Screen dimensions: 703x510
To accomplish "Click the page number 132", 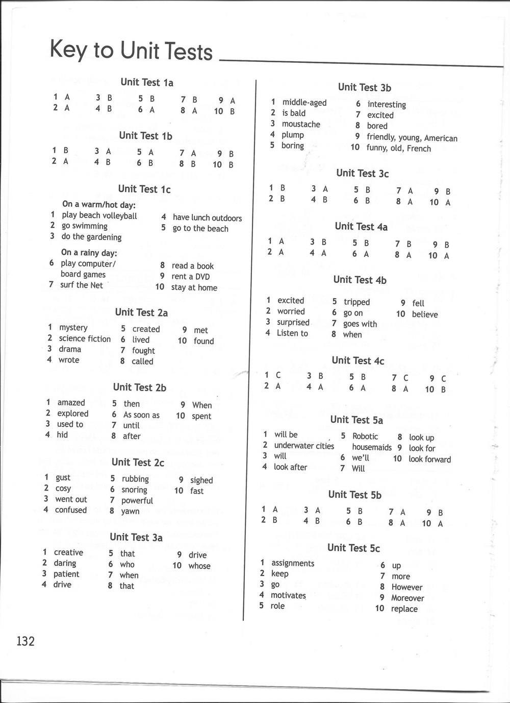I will coord(25,641).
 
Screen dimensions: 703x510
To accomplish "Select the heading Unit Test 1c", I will coord(144,189).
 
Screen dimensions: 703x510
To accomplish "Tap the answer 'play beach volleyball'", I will coord(99,216).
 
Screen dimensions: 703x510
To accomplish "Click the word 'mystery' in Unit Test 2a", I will coord(73,328).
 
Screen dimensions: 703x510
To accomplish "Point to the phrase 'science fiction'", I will coord(85,338).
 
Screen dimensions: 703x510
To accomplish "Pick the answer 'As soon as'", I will coord(141,415).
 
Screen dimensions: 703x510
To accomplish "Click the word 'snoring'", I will coord(134,490).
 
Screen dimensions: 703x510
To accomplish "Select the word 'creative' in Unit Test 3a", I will coord(68,552).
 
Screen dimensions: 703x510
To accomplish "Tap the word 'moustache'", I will coord(301,124).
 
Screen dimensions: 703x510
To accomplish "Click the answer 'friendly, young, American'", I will coord(412,138).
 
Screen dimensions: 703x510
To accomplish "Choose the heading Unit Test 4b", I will coord(360,280).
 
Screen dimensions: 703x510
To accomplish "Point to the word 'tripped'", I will coord(356,302).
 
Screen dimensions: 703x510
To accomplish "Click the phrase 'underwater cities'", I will coord(304,446).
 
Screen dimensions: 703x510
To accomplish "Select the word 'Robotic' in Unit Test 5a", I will coord(365,437).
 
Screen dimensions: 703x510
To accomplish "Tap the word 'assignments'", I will coord(293,563).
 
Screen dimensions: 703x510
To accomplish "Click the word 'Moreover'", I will coord(407,598).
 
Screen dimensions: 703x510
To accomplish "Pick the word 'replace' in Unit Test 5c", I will coord(404,609).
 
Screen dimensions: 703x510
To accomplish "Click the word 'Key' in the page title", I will coord(66,50).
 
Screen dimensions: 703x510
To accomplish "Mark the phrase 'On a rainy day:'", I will coord(89,253).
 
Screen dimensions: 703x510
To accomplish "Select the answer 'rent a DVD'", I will coord(191,277).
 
